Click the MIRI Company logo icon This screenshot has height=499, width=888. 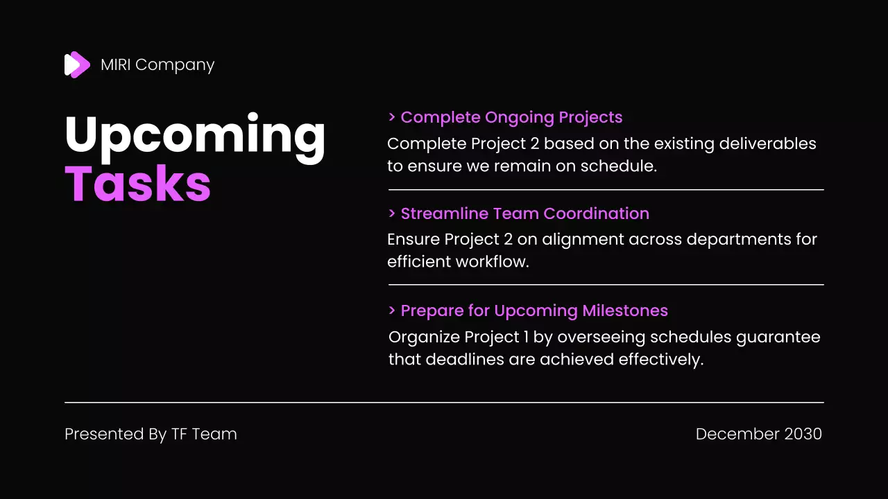tap(77, 64)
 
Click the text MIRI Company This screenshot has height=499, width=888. tap(157, 64)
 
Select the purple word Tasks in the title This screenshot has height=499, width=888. tap(137, 184)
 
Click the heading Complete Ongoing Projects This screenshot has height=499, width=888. tap(511, 117)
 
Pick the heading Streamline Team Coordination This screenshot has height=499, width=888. tap(524, 213)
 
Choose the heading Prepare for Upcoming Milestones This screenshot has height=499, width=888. tap(533, 310)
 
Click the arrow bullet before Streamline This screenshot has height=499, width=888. tap(393, 213)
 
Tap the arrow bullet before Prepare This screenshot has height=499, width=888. tap(393, 310)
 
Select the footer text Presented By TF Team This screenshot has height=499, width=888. tap(151, 434)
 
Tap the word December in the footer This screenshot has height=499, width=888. tap(737, 434)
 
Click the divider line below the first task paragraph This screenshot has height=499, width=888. tap(606, 189)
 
